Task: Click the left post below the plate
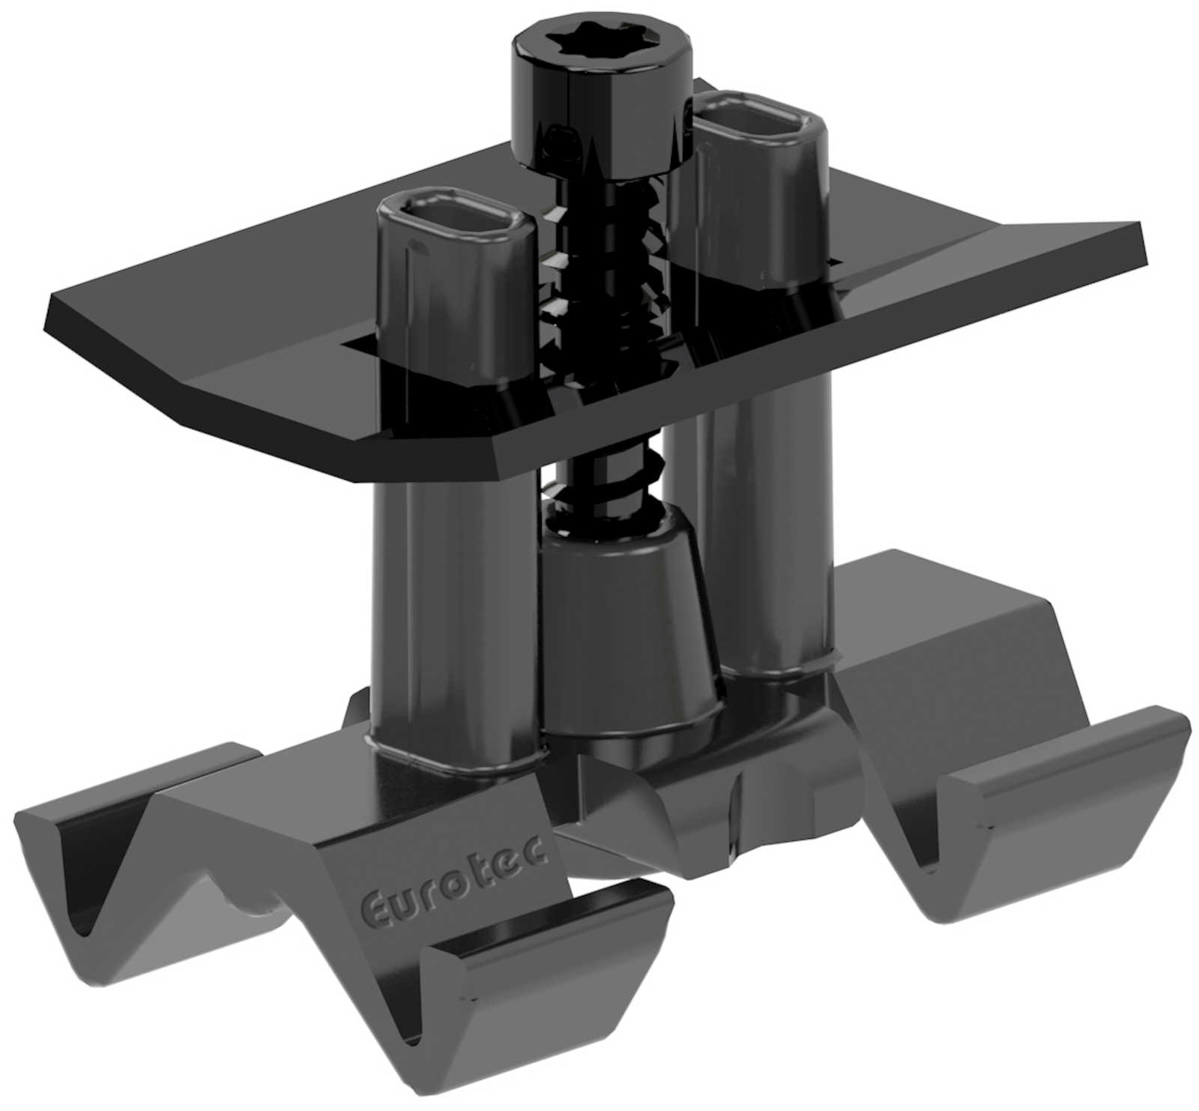pyautogui.click(x=450, y=600)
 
